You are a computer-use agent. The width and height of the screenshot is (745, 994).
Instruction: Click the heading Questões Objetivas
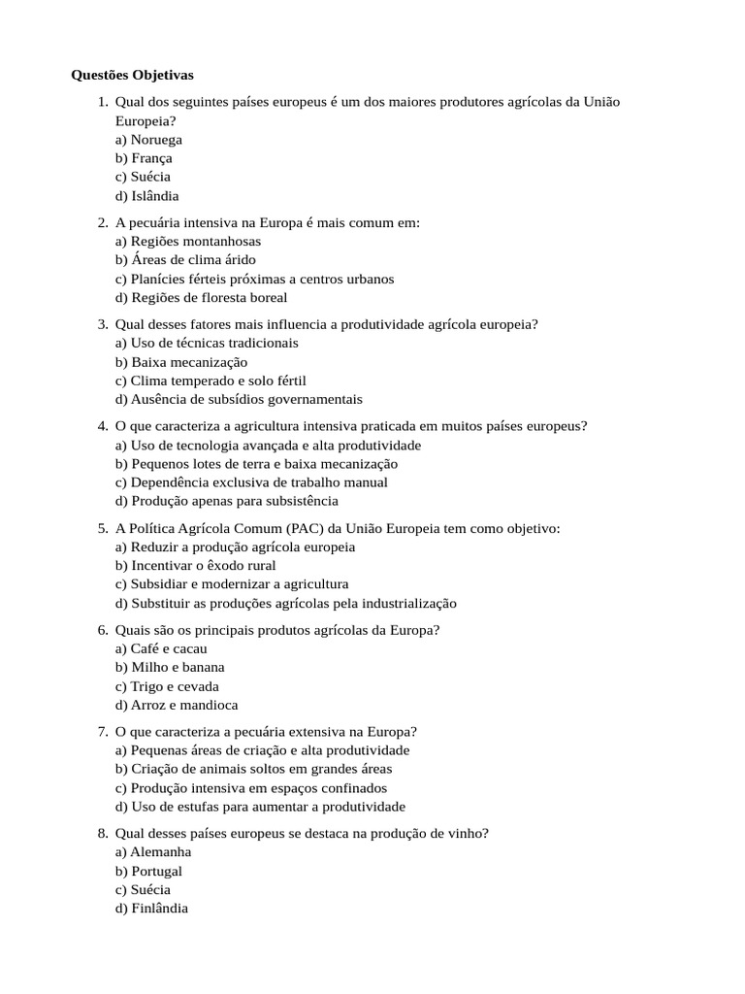(133, 75)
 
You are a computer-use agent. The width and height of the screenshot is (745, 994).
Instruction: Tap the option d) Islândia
(146, 195)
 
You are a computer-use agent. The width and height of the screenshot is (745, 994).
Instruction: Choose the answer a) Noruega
(148, 140)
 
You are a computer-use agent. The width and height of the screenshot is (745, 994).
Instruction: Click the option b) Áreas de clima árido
(185, 260)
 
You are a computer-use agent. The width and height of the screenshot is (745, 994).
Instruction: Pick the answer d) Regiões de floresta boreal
(201, 297)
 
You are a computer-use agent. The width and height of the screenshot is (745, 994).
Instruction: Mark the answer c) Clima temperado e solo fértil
(211, 381)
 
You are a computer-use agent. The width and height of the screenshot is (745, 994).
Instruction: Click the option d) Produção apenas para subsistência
(227, 501)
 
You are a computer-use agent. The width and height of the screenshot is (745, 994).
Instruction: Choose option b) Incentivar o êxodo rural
(195, 566)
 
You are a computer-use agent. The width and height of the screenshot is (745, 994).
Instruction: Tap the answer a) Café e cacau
(161, 648)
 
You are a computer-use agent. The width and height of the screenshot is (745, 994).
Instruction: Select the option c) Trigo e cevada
(167, 686)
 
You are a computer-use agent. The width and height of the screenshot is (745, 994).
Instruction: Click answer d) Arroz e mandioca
(177, 705)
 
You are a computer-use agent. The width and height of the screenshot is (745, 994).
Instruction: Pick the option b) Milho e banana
(170, 668)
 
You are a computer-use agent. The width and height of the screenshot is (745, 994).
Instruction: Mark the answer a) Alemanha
(153, 852)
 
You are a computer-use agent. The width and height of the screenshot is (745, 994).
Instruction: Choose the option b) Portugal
(148, 871)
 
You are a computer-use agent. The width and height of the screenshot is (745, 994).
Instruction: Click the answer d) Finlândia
(151, 908)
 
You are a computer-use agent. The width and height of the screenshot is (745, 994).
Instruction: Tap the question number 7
(102, 732)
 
